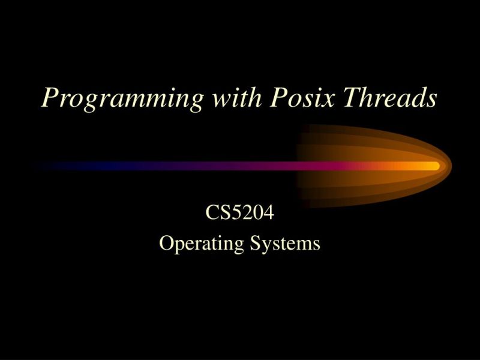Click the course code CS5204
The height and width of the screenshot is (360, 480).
point(239,213)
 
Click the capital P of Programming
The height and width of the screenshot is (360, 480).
point(50,97)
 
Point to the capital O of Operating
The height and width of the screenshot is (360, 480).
point(166,243)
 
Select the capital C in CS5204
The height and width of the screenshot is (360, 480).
point(212,213)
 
